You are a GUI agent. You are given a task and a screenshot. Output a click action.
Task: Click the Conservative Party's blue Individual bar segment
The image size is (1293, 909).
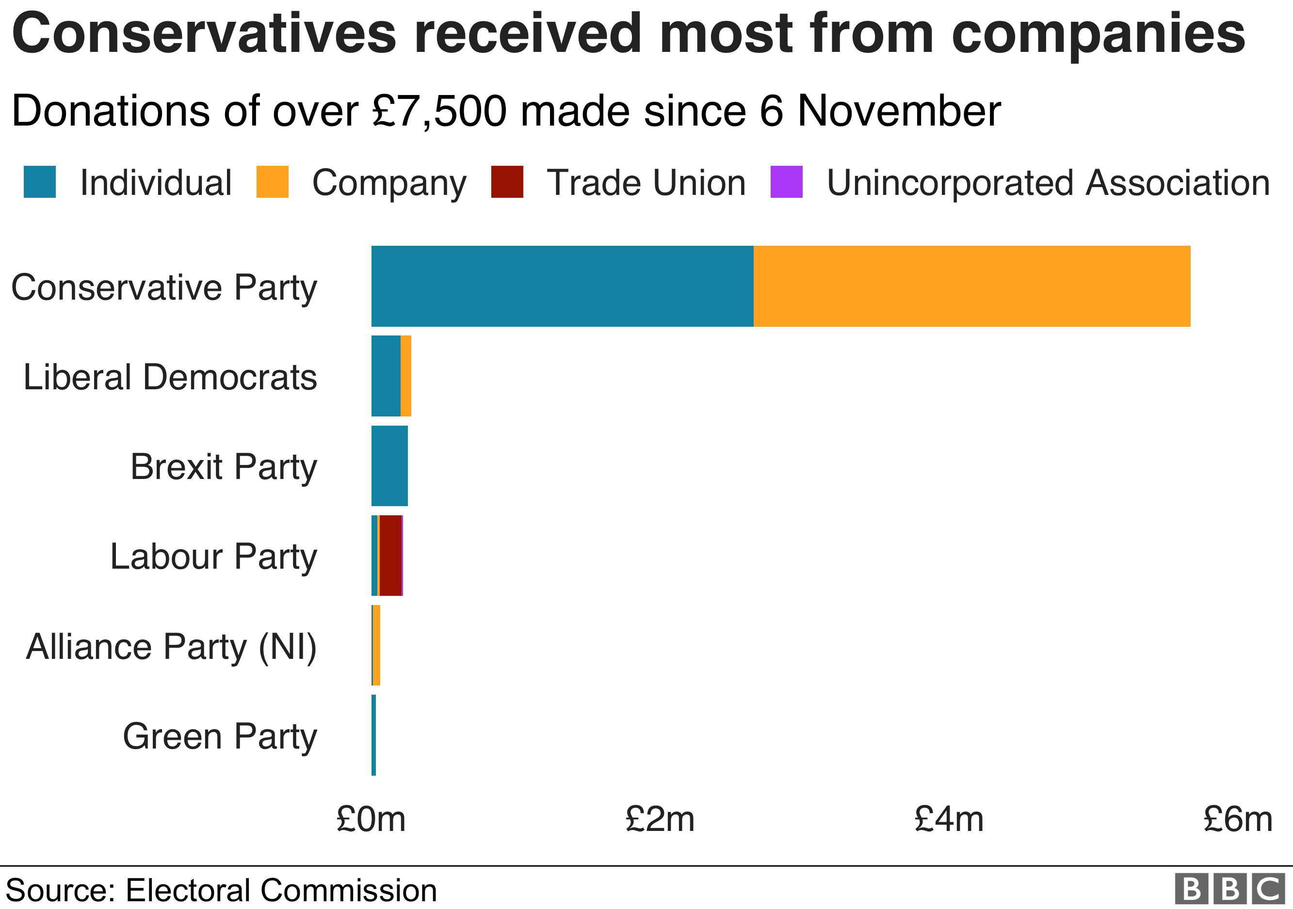[x=562, y=286]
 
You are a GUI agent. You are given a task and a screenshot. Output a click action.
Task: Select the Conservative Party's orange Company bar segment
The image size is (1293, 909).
[x=971, y=286]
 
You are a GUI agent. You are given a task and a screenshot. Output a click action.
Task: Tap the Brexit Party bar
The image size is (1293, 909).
[x=389, y=466]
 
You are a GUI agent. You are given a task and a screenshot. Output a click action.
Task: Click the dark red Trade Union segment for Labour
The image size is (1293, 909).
[x=390, y=556]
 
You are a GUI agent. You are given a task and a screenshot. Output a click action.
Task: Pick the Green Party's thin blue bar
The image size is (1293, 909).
[x=373, y=735]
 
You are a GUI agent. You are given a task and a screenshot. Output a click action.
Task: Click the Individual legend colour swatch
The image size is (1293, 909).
[x=39, y=182]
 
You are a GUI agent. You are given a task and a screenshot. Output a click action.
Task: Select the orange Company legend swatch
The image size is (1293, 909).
[x=272, y=182]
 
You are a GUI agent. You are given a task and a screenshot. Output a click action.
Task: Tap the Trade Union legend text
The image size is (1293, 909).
[x=646, y=183]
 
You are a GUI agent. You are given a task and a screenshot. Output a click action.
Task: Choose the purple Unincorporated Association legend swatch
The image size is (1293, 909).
[x=786, y=182]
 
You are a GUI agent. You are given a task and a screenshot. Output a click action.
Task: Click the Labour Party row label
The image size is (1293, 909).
[x=213, y=557]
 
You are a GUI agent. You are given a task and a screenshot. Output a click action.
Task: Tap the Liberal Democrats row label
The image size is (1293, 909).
[x=170, y=377]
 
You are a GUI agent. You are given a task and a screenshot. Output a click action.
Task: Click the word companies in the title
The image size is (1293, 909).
[x=1098, y=34]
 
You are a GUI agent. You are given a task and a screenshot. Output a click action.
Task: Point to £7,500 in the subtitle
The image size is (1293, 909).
[x=439, y=111]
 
